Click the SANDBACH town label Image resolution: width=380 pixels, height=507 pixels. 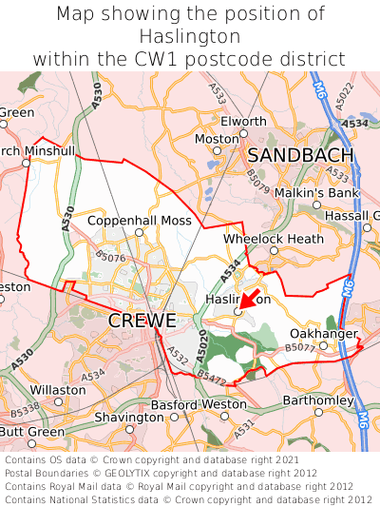click(301, 155)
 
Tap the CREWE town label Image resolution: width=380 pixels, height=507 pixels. click(142, 321)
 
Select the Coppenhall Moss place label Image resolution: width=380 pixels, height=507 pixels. click(140, 221)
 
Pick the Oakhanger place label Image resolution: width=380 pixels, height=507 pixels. click(323, 334)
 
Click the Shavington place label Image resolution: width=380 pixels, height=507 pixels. click(129, 418)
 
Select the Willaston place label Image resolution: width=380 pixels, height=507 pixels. click(58, 390)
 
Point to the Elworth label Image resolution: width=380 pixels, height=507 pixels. click(244, 122)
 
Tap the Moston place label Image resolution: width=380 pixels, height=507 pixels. click(216, 139)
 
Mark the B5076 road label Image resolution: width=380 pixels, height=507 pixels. click(110, 257)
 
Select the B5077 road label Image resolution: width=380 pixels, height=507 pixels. click(299, 349)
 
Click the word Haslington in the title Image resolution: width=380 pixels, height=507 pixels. click(190, 36)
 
